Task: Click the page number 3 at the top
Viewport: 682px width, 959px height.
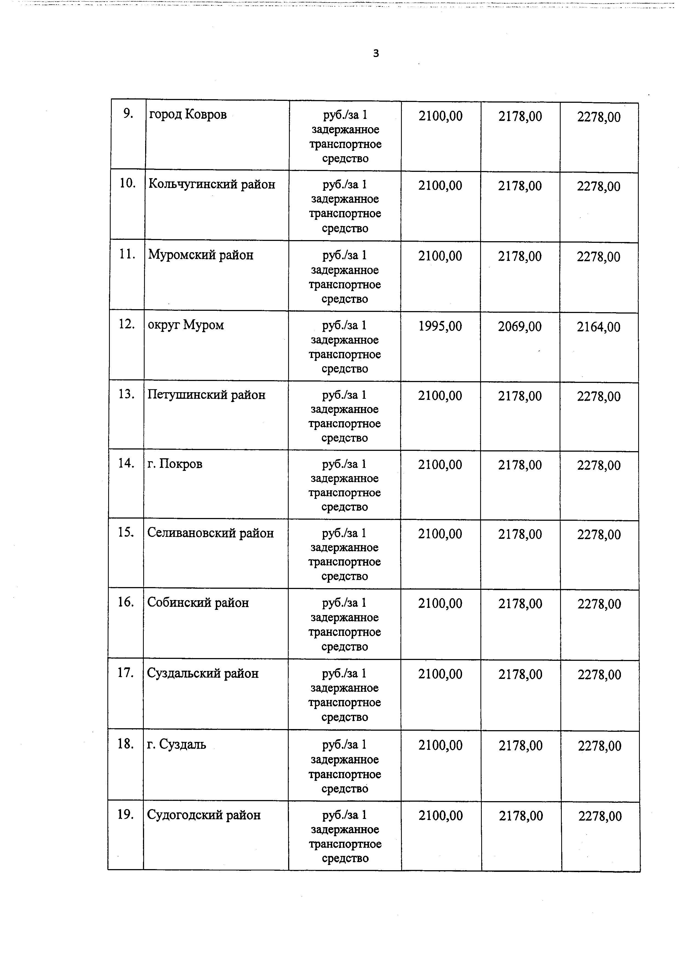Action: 376,53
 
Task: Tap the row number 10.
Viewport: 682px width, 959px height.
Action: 127,183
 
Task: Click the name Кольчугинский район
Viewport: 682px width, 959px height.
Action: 212,184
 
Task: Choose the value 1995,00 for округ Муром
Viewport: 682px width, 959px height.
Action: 440,326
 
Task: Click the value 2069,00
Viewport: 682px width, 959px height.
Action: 520,326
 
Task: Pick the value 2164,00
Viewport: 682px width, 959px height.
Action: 598,327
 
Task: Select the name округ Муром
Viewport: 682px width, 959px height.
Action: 186,325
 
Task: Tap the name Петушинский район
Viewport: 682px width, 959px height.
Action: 206,395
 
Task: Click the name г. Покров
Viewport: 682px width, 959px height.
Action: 175,464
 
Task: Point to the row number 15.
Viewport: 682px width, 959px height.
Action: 125,533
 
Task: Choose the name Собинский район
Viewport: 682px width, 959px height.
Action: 198,603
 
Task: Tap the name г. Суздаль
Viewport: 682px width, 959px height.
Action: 176,744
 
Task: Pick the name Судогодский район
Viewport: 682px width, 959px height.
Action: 204,815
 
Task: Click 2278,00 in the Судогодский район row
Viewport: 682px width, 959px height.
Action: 600,816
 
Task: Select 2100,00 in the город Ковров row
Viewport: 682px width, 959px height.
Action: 440,116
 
